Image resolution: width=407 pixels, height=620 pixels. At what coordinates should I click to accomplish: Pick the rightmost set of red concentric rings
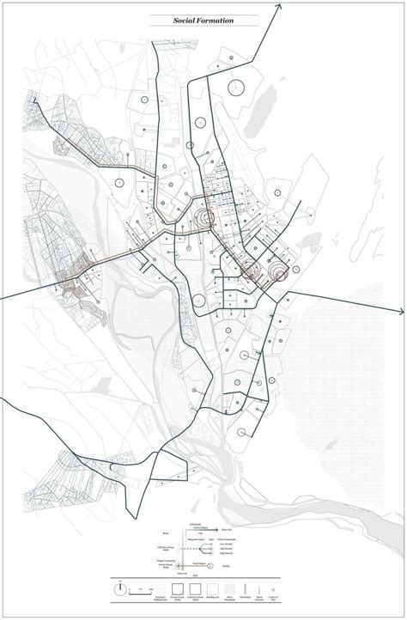(281, 274)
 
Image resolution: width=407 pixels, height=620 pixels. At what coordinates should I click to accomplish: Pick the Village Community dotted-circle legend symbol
(179, 567)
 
